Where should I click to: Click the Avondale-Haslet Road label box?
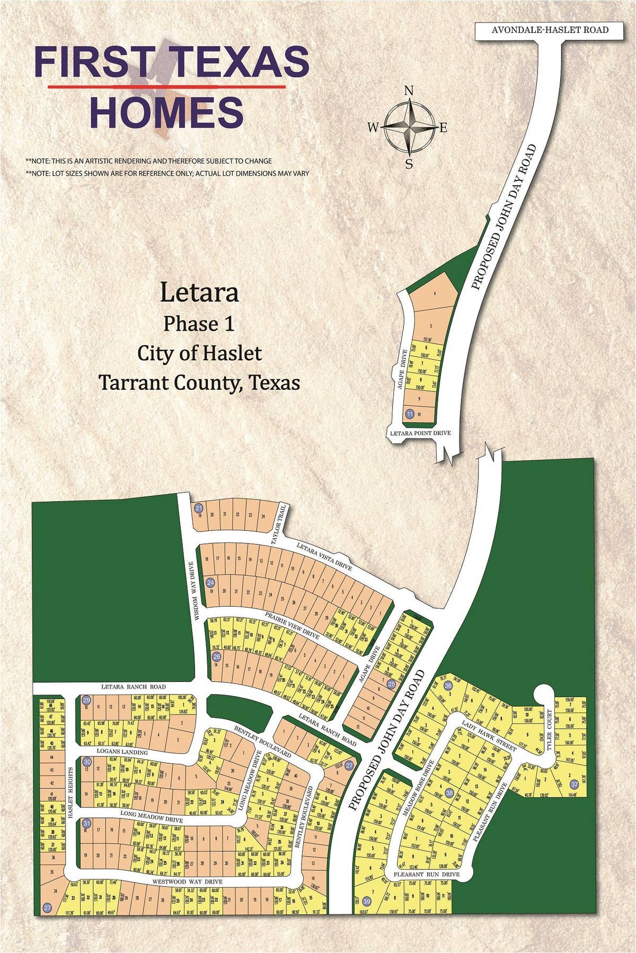pos(550,30)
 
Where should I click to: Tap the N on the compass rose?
pos(409,91)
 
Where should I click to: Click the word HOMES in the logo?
pos(167,112)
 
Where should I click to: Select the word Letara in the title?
pos(199,292)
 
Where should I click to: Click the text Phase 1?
pos(199,323)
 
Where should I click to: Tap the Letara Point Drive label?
pos(420,433)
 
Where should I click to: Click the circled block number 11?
pos(409,413)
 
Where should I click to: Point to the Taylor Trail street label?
pos(279,525)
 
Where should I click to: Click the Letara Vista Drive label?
pos(324,557)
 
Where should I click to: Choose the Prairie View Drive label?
pos(292,626)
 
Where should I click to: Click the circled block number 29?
pos(86,700)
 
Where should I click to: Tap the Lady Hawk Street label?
pos(489,735)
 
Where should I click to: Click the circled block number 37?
pos(573,784)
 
